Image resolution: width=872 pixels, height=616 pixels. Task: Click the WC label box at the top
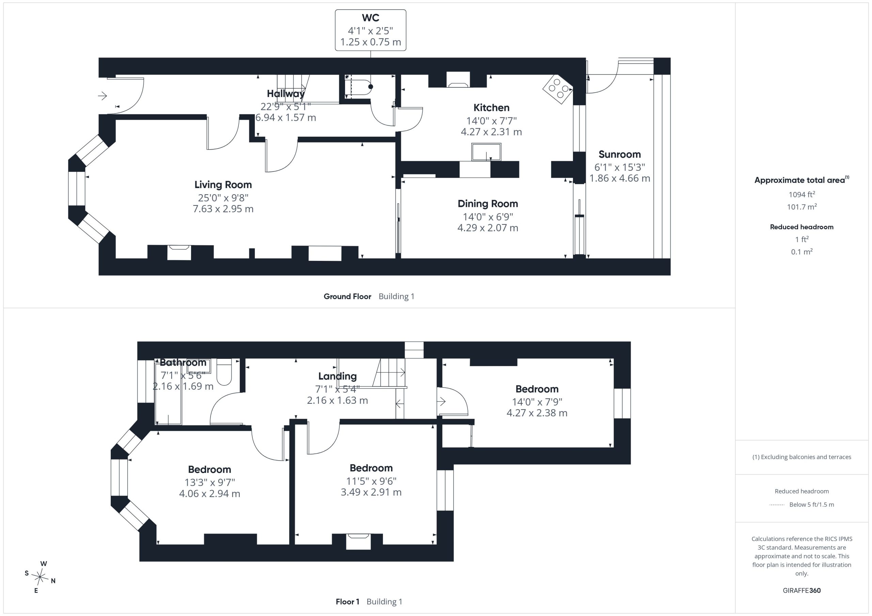(x=370, y=30)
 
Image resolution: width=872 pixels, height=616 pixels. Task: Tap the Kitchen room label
(x=491, y=108)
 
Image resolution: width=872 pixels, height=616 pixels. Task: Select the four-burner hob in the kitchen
(x=558, y=89)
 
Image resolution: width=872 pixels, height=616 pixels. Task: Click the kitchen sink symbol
(x=486, y=152)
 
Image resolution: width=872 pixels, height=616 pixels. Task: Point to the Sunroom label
(x=620, y=154)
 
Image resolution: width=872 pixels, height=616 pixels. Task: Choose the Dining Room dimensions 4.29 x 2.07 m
(x=488, y=228)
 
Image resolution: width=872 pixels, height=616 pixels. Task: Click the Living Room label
(x=223, y=185)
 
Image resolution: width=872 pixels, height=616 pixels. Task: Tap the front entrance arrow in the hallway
(x=103, y=96)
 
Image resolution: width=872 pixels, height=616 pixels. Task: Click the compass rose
(x=40, y=577)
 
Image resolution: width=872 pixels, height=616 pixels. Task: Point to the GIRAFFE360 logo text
(x=801, y=590)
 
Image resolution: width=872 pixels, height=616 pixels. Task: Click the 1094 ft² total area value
(x=802, y=194)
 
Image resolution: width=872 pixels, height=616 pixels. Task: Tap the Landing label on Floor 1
(x=337, y=376)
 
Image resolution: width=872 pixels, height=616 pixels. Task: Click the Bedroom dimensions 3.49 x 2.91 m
(x=371, y=492)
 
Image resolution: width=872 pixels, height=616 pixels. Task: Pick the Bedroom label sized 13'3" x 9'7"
(x=209, y=470)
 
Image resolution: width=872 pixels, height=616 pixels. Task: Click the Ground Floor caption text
(x=347, y=296)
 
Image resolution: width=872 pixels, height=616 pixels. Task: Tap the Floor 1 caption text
(x=347, y=602)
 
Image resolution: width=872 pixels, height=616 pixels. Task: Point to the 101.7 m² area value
(x=802, y=207)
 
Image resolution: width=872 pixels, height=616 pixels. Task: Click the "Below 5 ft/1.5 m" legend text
(x=812, y=504)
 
